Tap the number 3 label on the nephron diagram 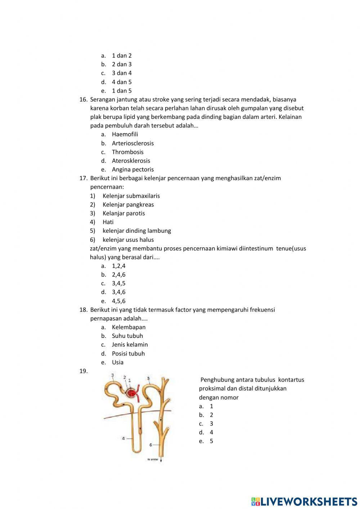click(x=112, y=375)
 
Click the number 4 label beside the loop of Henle click(x=123, y=438)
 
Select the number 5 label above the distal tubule click(x=148, y=378)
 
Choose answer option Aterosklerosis click(x=131, y=161)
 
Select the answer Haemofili click(x=125, y=134)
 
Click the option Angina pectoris click(x=132, y=169)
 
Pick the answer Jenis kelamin click(x=130, y=345)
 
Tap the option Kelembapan click(x=129, y=327)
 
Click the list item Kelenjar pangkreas click(x=128, y=205)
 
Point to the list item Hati click(x=108, y=222)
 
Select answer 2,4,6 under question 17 click(x=118, y=274)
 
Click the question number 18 click(x=83, y=310)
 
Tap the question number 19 click(x=83, y=371)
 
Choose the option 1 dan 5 click(x=122, y=91)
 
